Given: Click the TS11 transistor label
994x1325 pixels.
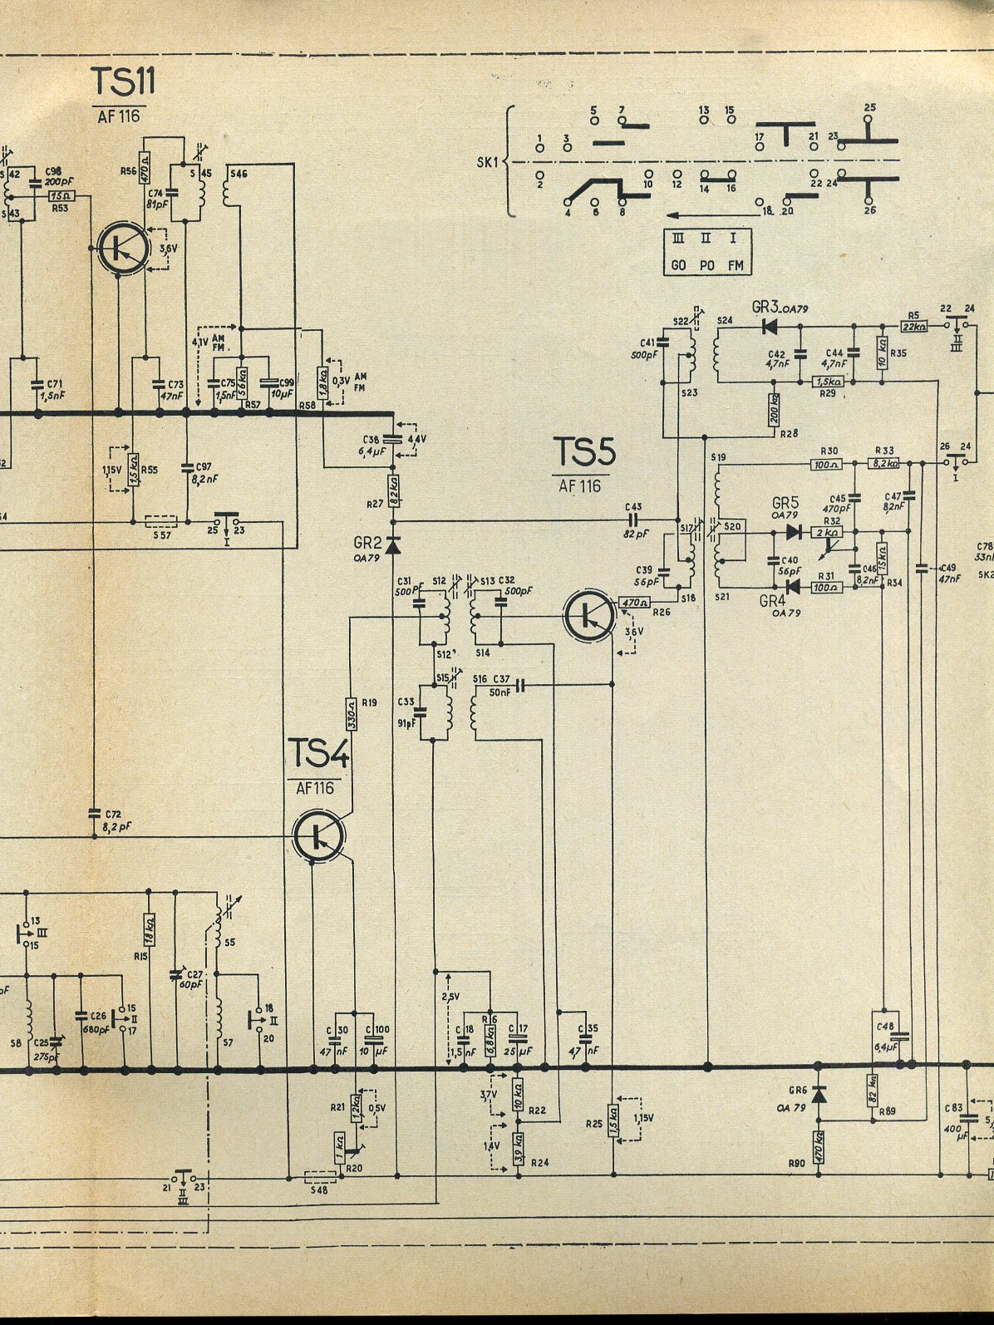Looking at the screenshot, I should tap(123, 82).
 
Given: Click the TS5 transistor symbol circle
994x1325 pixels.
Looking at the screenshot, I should tap(589, 615).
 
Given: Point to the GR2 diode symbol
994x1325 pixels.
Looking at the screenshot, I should tap(393, 545).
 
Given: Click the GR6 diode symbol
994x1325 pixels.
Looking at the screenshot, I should tap(818, 1095).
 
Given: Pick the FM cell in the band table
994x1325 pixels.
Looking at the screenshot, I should tap(735, 265).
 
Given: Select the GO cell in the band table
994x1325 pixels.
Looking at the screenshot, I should tap(678, 265).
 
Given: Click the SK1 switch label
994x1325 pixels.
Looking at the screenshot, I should tap(486, 162).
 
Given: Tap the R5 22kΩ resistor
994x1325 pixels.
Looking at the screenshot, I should tap(915, 326).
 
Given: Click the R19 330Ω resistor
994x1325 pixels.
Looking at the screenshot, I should tap(351, 713).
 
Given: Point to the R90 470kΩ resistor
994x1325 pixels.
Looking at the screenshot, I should tap(818, 1147).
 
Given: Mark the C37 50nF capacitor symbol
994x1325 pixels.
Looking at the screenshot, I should tap(521, 685).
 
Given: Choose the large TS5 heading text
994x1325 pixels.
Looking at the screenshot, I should tap(585, 452).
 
